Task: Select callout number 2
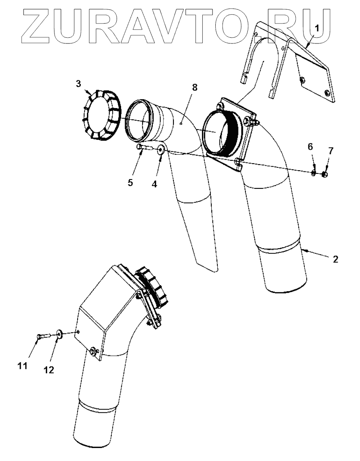pyautogui.click(x=335, y=259)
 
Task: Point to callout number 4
pyautogui.click(x=154, y=184)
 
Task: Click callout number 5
pyautogui.click(x=130, y=182)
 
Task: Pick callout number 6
pyautogui.click(x=310, y=147)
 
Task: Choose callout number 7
pyautogui.click(x=330, y=151)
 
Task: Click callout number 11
pyautogui.click(x=22, y=366)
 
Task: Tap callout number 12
pyautogui.click(x=49, y=370)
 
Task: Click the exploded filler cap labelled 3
pyautogui.click(x=100, y=116)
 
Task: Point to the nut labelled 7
pyautogui.click(x=325, y=175)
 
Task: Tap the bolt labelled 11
pyautogui.click(x=43, y=336)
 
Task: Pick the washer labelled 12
pyautogui.click(x=60, y=333)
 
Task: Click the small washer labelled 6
pyautogui.click(x=314, y=173)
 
